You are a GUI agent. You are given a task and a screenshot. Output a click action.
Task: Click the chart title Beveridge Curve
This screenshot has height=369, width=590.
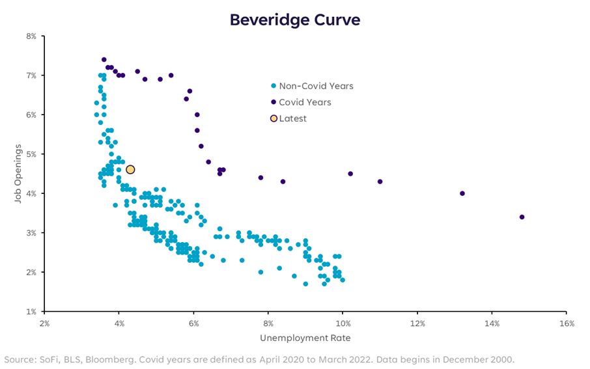(x=295, y=20)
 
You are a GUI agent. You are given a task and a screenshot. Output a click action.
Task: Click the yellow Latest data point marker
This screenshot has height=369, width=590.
(x=130, y=169)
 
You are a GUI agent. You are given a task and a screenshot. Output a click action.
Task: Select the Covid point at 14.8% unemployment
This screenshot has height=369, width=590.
(x=522, y=217)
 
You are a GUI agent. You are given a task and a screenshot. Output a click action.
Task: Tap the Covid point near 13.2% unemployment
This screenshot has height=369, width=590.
(x=462, y=193)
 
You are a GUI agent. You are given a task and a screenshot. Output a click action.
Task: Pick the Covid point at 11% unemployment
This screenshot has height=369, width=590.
(x=380, y=182)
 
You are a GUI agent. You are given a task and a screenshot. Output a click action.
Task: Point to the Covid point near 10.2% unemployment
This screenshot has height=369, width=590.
(x=350, y=174)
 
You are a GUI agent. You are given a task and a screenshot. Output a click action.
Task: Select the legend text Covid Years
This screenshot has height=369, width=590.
(x=305, y=102)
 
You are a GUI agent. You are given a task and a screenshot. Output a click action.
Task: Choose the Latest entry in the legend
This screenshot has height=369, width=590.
(x=292, y=118)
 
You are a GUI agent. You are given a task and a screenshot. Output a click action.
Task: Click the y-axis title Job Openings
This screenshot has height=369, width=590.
(x=18, y=173)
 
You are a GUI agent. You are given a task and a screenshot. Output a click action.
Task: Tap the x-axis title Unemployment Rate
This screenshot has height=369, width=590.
(x=305, y=338)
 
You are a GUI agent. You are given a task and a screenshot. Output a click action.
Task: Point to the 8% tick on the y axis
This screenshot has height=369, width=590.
(x=31, y=36)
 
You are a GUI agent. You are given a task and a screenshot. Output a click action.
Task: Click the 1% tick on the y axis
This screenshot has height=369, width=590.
(x=31, y=311)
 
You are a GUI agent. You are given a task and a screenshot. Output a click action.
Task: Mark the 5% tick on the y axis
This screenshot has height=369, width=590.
(x=31, y=154)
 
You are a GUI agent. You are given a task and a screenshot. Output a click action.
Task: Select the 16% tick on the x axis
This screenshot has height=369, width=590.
(x=566, y=323)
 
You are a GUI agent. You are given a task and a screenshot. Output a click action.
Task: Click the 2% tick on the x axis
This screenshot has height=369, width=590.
(x=44, y=323)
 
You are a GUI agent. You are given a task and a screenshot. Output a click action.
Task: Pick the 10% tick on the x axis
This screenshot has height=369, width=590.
(x=343, y=323)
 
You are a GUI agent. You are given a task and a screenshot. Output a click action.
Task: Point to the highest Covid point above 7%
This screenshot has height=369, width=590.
(x=104, y=59)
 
